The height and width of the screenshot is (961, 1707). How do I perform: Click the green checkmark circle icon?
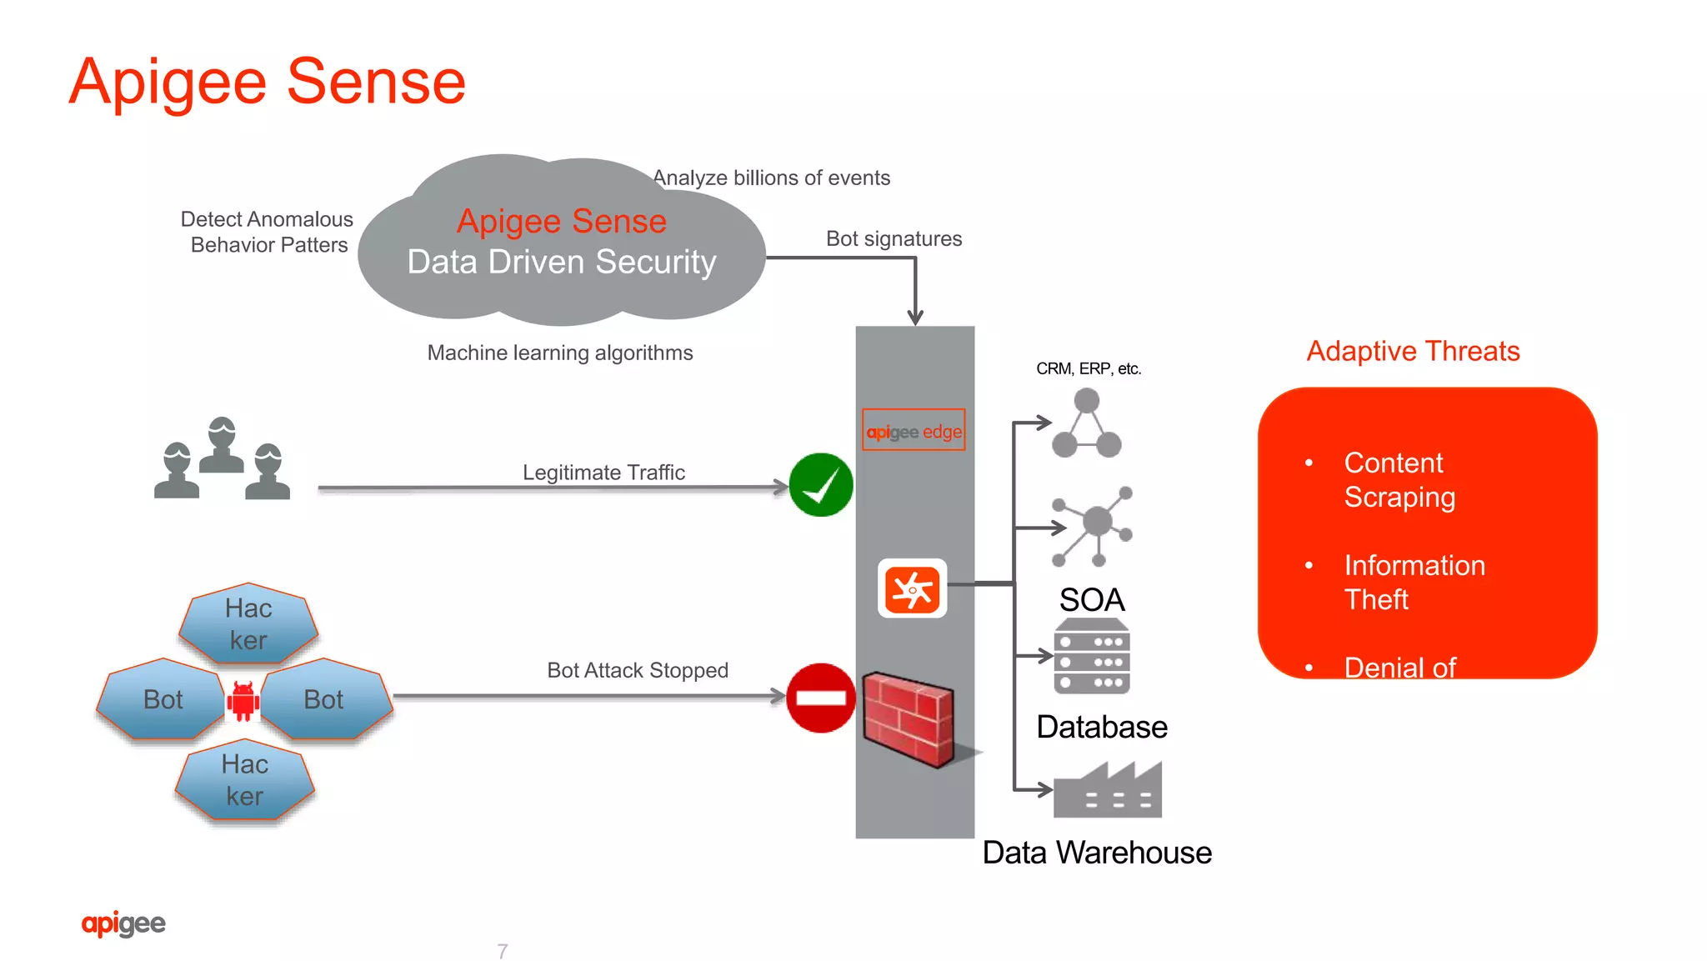tap(821, 485)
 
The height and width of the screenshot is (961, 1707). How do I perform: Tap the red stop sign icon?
tap(821, 698)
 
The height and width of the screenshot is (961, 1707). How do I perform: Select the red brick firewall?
tap(909, 718)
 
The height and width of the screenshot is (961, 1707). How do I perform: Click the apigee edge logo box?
tap(914, 430)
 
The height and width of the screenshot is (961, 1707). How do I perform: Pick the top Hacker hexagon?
tap(248, 624)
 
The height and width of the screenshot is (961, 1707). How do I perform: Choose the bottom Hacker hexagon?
tap(245, 780)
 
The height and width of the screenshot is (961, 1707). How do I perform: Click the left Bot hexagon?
tap(163, 699)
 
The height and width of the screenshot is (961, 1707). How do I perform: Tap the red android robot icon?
tap(243, 700)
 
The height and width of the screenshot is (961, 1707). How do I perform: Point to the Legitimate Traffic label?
tap(603, 473)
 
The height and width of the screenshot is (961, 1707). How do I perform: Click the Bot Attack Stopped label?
tap(638, 670)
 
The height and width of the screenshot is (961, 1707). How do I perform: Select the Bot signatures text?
tap(894, 239)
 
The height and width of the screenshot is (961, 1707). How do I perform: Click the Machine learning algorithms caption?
tap(560, 353)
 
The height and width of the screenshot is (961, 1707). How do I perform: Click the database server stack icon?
tap(1092, 657)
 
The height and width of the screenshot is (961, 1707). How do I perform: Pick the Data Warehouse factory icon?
tap(1107, 790)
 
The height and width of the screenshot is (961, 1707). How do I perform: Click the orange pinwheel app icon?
tap(912, 589)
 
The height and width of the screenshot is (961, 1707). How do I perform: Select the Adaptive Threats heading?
tap(1413, 351)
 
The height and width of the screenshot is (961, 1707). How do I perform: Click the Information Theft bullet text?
tap(1414, 582)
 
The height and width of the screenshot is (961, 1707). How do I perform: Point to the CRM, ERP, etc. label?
tap(1089, 368)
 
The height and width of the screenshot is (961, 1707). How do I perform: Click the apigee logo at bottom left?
tap(123, 923)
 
